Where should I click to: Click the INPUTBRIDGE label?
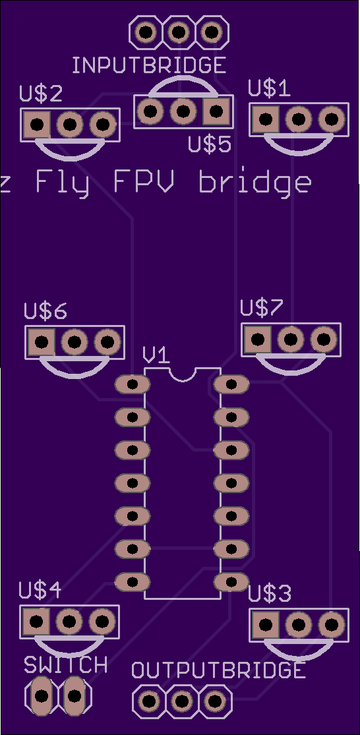click(149, 65)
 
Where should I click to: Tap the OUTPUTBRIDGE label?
click(218, 670)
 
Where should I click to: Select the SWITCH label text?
click(66, 664)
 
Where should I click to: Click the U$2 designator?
click(41, 95)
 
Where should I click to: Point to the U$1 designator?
click(269, 88)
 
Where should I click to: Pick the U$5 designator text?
click(210, 145)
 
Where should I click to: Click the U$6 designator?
click(45, 312)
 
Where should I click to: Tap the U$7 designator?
click(262, 308)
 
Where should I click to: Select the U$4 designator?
click(40, 591)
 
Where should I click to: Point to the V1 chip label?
click(156, 357)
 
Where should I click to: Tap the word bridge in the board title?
click(255, 183)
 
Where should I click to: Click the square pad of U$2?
click(37, 125)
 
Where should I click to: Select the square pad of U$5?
click(216, 111)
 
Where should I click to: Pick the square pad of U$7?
click(257, 339)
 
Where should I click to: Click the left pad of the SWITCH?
click(41, 695)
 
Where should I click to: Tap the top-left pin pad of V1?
click(133, 384)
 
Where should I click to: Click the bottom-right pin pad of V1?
click(231, 581)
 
